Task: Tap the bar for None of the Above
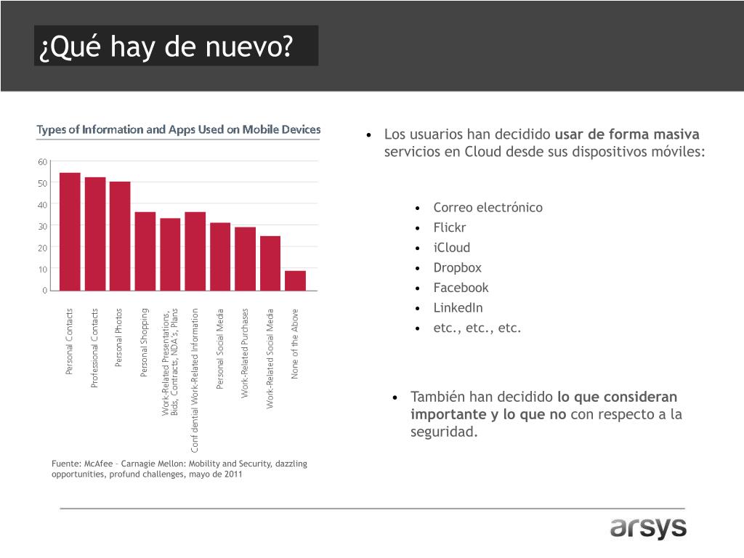point(296,280)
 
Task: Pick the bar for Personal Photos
point(120,235)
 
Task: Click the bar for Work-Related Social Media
point(270,263)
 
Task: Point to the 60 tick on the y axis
point(42,161)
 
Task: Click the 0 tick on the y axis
point(44,291)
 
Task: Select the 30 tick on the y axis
point(42,226)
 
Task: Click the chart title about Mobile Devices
point(179,130)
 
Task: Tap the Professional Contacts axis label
point(94,348)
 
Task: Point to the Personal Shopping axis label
point(145,343)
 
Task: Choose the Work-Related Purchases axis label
point(246,354)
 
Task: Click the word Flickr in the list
point(450,227)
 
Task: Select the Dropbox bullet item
point(457,267)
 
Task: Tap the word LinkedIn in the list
point(458,307)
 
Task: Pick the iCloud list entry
point(452,247)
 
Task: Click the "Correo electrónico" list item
point(488,208)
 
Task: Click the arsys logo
point(648,528)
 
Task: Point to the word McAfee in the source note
point(100,464)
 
